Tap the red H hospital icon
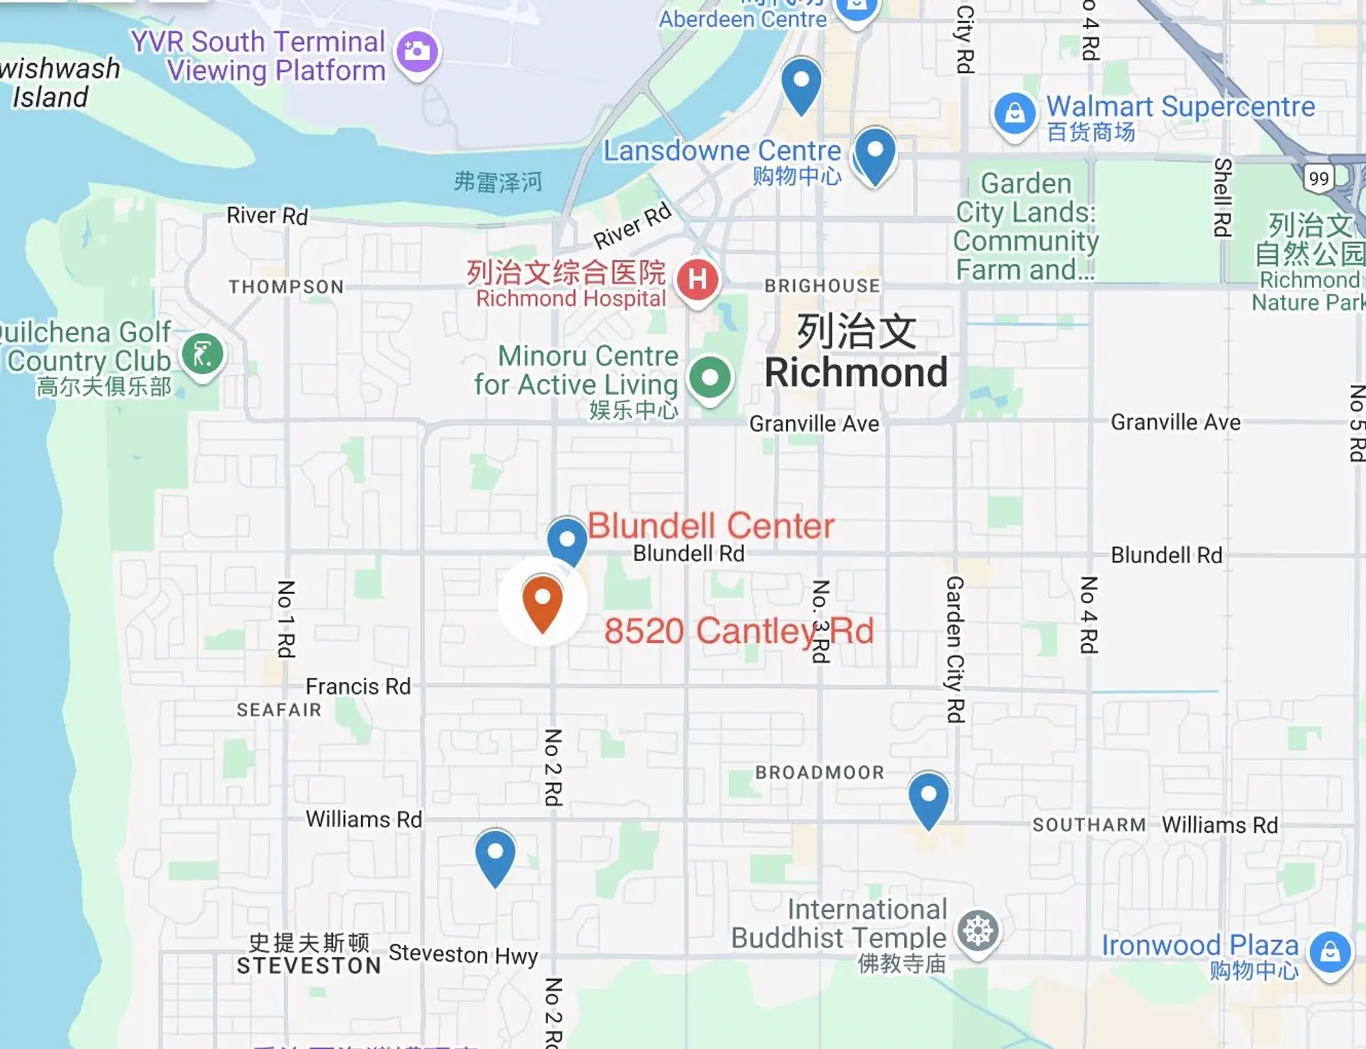click(x=698, y=279)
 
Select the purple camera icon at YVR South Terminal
click(x=417, y=51)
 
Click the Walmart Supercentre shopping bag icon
click(x=1015, y=113)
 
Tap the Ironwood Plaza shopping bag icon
click(x=1330, y=952)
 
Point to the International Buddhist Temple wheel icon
click(x=978, y=931)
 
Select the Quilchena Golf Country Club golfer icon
click(x=203, y=354)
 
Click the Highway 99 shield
click(x=1318, y=179)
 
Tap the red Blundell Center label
click(x=710, y=526)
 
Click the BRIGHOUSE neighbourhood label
click(x=822, y=286)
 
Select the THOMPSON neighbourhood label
click(x=286, y=287)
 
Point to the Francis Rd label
click(x=358, y=686)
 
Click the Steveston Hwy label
click(x=463, y=954)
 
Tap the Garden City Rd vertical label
click(x=955, y=649)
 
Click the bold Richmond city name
click(x=856, y=373)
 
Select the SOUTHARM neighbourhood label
click(x=1089, y=825)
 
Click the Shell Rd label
click(x=1222, y=197)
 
